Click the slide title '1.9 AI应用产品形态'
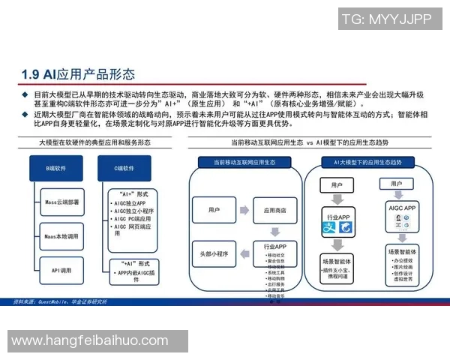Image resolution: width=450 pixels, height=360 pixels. click(x=79, y=73)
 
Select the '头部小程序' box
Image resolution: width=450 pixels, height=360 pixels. click(x=215, y=254)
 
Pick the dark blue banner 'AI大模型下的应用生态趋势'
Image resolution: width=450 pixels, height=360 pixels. click(x=372, y=162)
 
